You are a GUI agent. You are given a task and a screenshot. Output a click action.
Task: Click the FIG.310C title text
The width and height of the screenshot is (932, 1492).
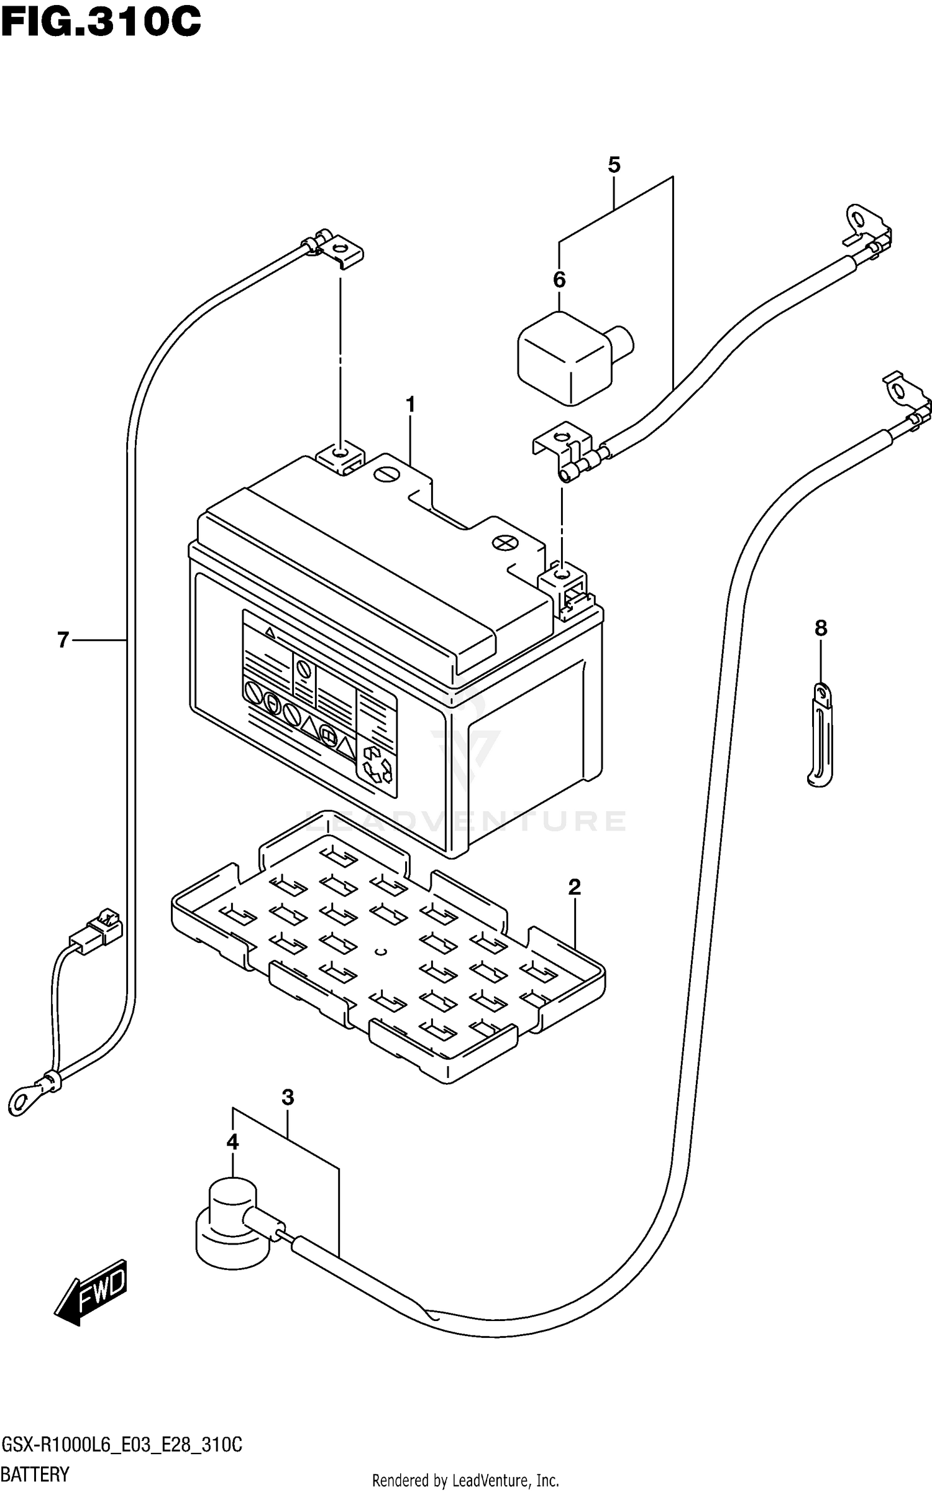coord(101,23)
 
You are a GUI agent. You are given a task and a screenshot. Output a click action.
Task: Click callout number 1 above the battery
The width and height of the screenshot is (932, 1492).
coord(410,405)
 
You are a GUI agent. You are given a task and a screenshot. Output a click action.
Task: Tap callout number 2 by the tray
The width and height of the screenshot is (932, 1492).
coord(574,887)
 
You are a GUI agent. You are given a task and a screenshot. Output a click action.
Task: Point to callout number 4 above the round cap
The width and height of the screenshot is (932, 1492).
coord(232,1141)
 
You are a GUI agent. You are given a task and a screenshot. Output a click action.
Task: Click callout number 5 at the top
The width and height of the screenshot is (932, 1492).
coord(614,165)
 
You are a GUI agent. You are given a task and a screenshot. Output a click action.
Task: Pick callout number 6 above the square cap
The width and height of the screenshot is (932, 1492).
coord(559,280)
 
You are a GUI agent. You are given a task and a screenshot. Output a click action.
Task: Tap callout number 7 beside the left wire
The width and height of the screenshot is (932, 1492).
coord(63,640)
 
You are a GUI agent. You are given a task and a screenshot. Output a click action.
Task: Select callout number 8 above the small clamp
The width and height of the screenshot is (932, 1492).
coord(821,629)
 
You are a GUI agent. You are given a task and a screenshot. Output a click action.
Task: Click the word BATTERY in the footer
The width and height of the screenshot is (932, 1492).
coord(35,1474)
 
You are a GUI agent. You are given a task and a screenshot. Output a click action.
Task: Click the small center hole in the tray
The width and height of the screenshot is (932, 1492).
coord(383,951)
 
